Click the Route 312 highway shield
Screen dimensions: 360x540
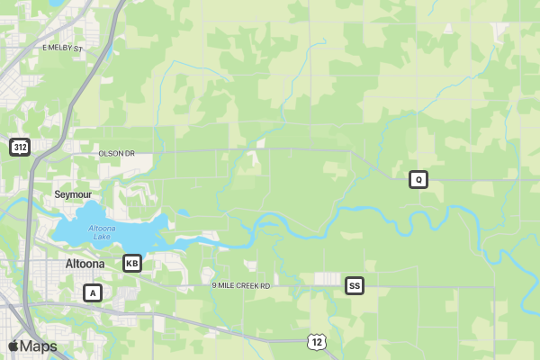[20, 147]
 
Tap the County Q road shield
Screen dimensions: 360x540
[418, 179]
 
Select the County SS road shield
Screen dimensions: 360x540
[355, 286]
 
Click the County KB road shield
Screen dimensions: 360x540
[132, 263]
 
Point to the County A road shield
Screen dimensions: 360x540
[93, 292]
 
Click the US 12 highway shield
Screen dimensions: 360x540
[314, 341]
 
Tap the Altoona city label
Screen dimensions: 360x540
[85, 264]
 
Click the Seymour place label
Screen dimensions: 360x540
[73, 194]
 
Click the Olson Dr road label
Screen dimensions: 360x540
[116, 154]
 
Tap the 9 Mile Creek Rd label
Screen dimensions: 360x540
[240, 285]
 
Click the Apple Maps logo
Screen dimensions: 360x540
[32, 346]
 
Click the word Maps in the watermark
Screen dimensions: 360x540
[39, 346]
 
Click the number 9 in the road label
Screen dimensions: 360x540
[214, 285]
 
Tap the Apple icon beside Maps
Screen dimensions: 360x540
[13, 346]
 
